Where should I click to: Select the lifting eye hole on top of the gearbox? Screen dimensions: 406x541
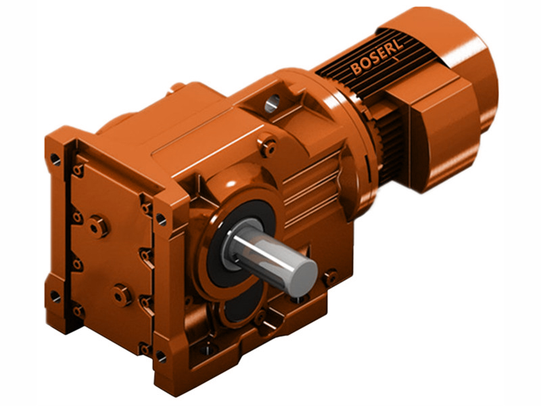click(272, 103)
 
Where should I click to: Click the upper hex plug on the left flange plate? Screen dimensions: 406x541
click(99, 225)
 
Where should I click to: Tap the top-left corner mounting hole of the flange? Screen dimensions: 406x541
click(54, 160)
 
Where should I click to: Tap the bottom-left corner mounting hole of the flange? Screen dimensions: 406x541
click(55, 296)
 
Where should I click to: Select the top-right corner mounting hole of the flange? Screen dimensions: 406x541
click(161, 219)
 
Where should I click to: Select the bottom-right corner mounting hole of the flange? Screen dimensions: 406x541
click(160, 355)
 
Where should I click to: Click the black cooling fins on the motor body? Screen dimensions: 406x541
click(358, 74)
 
